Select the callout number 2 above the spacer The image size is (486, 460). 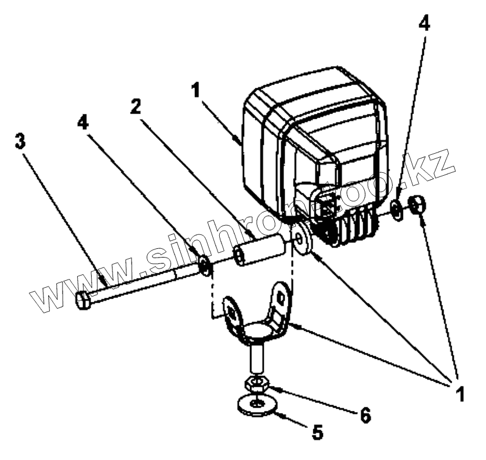coord(135,106)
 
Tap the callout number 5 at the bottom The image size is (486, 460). coord(317,432)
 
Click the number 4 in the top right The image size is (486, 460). coord(425,24)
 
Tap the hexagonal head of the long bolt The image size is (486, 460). coord(84,300)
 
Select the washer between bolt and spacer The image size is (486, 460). coord(204,266)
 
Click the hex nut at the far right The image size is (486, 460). coord(418,205)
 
